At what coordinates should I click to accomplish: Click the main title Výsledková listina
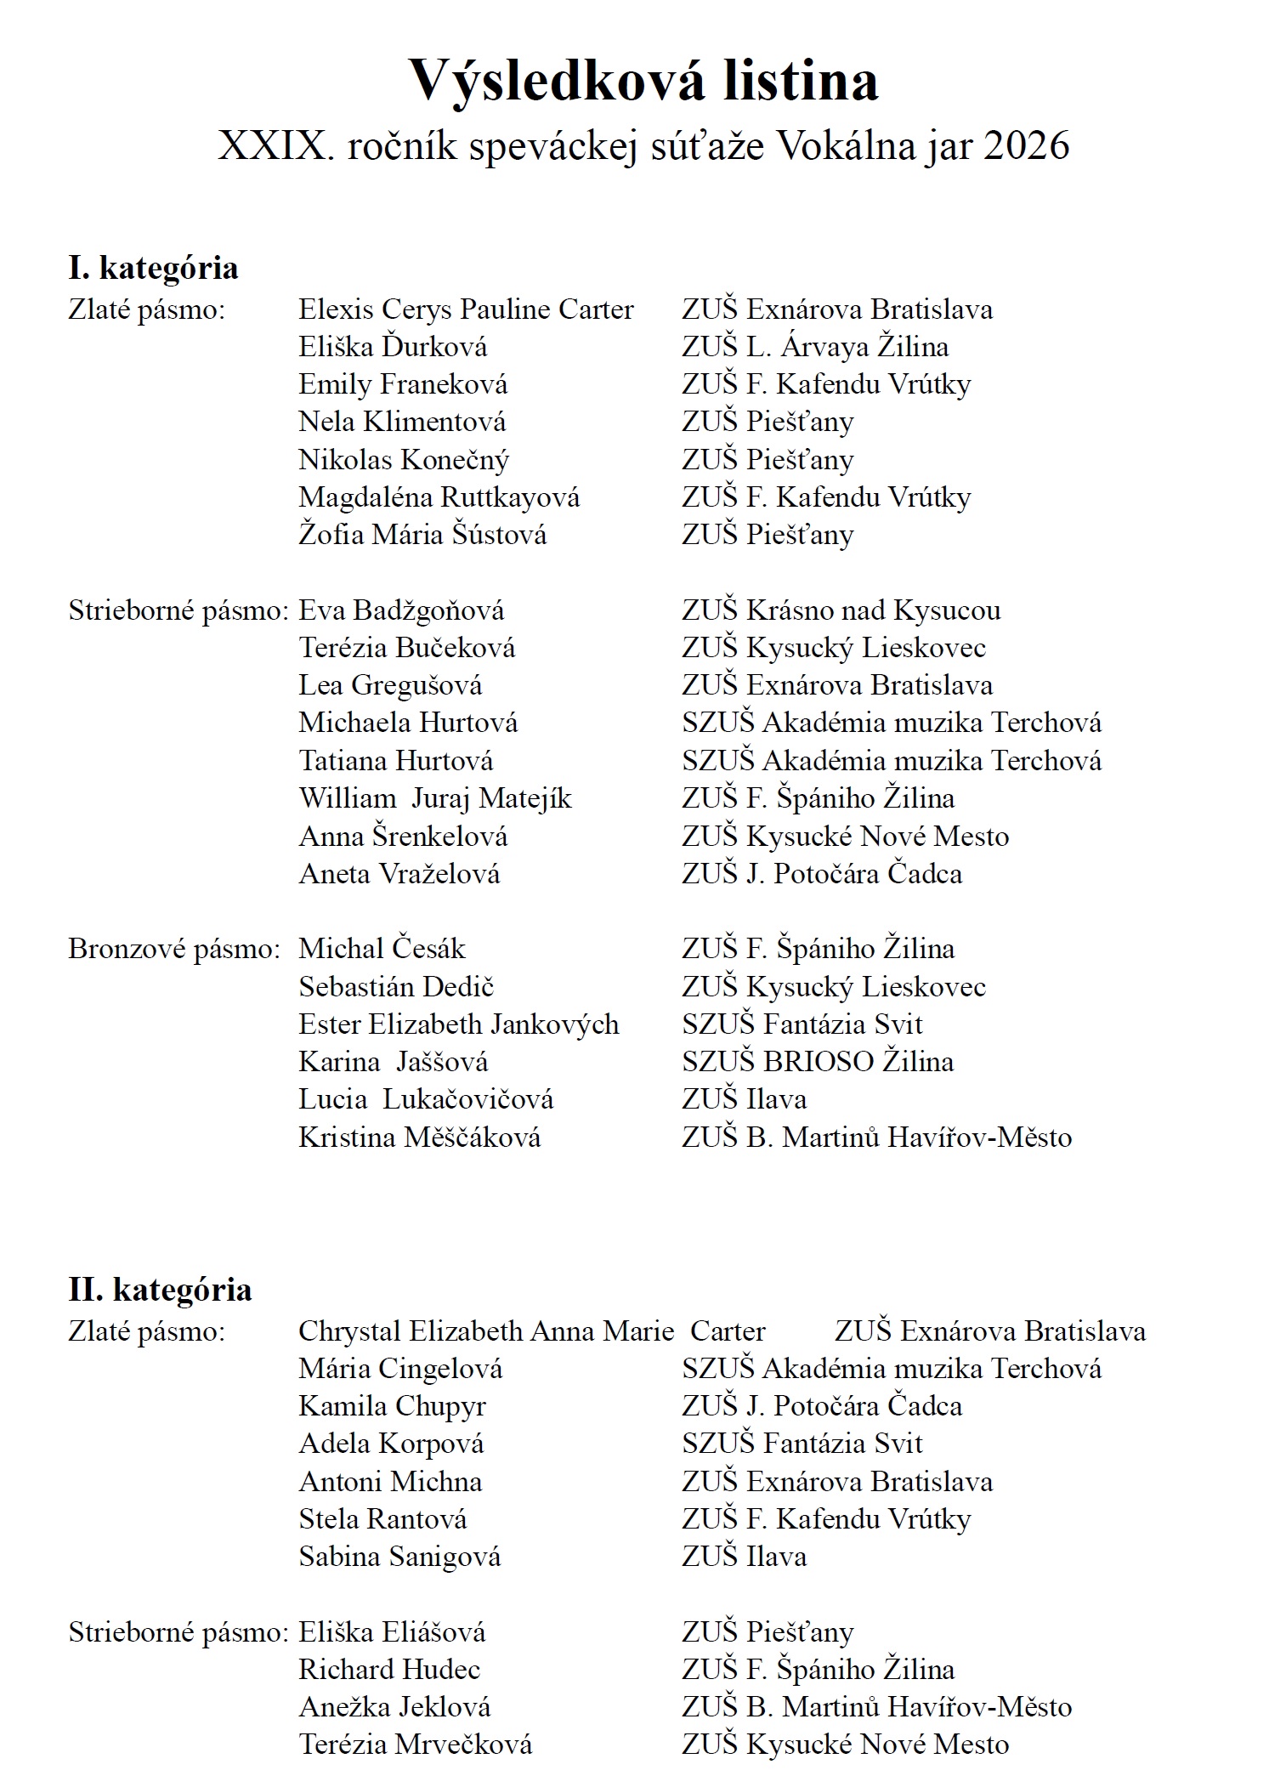click(643, 81)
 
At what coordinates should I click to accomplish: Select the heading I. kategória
click(153, 268)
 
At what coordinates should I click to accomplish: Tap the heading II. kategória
click(160, 1290)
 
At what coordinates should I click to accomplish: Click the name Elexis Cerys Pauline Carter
click(466, 309)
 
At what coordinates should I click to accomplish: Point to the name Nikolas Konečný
click(404, 460)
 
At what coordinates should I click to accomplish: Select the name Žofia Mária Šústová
click(422, 535)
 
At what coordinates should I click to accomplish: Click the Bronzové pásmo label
click(174, 949)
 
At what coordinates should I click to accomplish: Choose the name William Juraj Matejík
click(435, 798)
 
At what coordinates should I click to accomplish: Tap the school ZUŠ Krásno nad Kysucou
click(841, 610)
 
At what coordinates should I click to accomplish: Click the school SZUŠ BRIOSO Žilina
click(818, 1062)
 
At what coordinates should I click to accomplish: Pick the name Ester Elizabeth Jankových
click(459, 1024)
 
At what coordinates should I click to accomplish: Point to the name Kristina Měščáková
click(419, 1137)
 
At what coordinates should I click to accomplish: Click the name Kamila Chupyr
click(392, 1406)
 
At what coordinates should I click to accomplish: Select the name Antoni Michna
click(390, 1482)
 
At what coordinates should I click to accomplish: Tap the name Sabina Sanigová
click(399, 1557)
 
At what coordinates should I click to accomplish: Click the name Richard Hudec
click(389, 1670)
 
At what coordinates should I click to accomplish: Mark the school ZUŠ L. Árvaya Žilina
click(815, 347)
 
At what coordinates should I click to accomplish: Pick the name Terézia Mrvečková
click(416, 1744)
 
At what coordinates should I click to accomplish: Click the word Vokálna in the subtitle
click(842, 146)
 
